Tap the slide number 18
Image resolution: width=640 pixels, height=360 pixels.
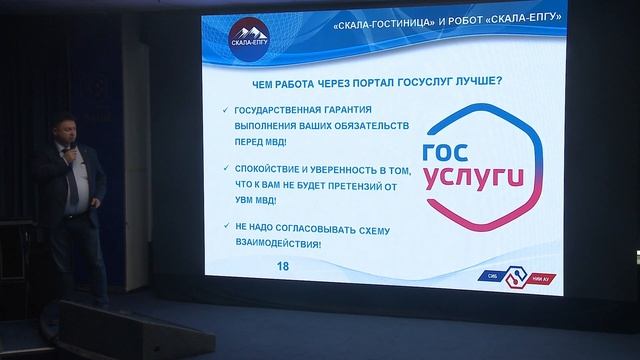click(x=282, y=265)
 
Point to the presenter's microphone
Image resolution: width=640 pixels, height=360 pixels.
click(x=69, y=153)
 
